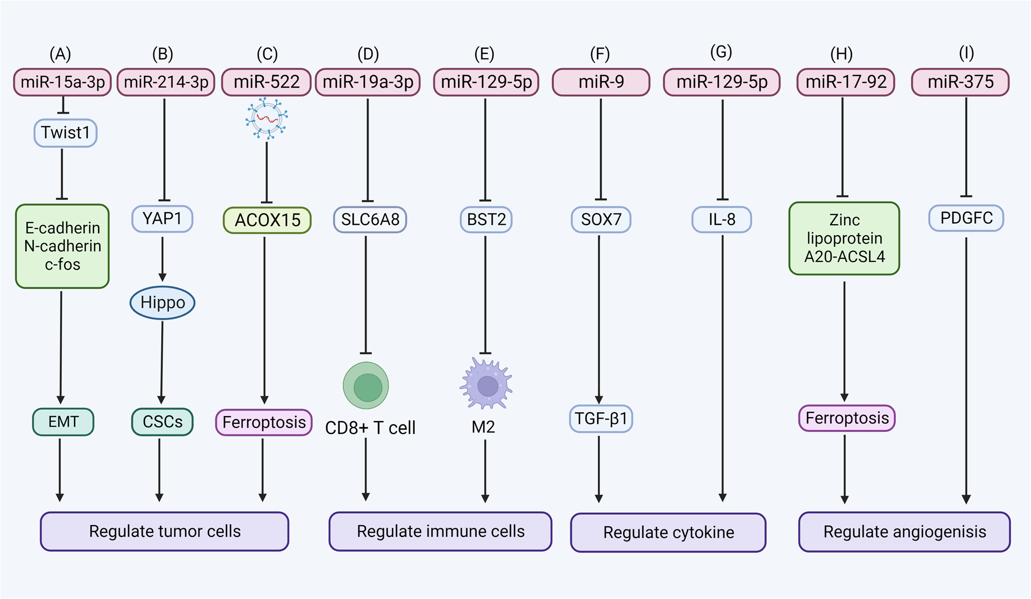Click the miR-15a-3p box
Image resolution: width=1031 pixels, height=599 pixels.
pyautogui.click(x=63, y=82)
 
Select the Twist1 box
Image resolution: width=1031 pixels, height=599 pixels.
pyautogui.click(x=65, y=133)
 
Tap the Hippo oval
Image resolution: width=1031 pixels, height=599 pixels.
pyautogui.click(x=162, y=303)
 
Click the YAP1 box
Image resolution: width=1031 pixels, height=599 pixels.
pyautogui.click(x=162, y=218)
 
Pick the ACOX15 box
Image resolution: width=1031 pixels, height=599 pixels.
pyautogui.click(x=267, y=220)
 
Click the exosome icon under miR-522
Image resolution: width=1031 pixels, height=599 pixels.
pyautogui.click(x=267, y=119)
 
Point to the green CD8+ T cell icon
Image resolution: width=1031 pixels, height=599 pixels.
pyautogui.click(x=366, y=386)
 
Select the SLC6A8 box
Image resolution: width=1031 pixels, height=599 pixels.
pyautogui.click(x=370, y=220)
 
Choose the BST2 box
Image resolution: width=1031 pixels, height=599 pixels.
pyautogui.click(x=486, y=220)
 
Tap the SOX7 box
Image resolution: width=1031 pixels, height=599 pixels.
pyautogui.click(x=601, y=220)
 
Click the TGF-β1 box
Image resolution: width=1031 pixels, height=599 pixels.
pyautogui.click(x=600, y=419)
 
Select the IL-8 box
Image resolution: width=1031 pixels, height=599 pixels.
pyautogui.click(x=721, y=220)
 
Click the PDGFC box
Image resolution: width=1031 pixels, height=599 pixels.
pyautogui.click(x=966, y=218)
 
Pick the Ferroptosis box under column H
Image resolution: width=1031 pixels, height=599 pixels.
pyautogui.click(x=847, y=418)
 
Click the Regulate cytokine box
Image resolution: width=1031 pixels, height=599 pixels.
pyautogui.click(x=668, y=532)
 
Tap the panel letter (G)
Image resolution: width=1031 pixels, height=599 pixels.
pyautogui.click(x=721, y=52)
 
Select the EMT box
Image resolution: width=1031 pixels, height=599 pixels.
pyautogui.click(x=63, y=422)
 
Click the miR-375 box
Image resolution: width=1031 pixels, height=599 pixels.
pyautogui.click(x=960, y=82)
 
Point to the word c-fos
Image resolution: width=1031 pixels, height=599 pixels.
pyautogui.click(x=63, y=264)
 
